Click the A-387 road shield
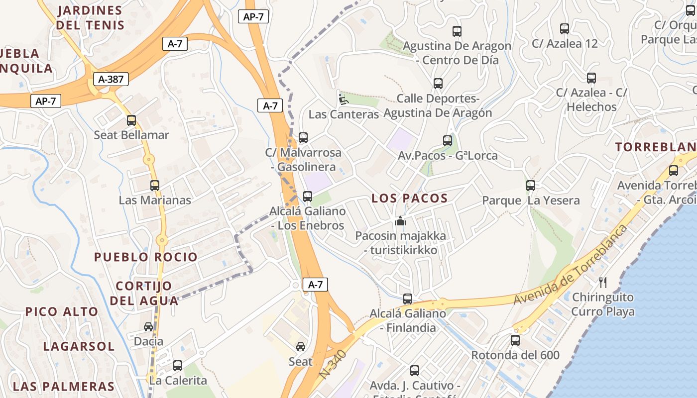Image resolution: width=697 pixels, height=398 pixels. click(111, 79)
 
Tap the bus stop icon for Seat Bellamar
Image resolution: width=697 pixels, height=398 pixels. click(131, 120)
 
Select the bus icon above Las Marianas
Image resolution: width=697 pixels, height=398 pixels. click(155, 186)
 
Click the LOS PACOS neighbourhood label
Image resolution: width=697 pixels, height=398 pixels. click(410, 199)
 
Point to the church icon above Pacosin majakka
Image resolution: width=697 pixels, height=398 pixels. click(400, 221)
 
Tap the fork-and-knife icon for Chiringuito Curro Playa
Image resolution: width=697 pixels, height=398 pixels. click(603, 283)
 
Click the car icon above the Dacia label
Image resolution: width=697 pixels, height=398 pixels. click(148, 327)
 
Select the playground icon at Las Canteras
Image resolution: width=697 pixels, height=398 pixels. click(344, 99)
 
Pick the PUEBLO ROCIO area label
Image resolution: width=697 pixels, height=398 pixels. click(146, 257)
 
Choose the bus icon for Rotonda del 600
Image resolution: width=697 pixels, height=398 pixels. click(515, 340)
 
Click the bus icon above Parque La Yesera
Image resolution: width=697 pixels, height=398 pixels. click(531, 186)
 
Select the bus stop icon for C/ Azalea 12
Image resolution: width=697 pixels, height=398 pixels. click(564, 29)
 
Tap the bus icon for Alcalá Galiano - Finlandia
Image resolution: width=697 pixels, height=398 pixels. click(408, 299)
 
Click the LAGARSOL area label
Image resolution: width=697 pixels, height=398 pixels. click(79, 346)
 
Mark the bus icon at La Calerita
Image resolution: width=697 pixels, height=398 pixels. click(178, 366)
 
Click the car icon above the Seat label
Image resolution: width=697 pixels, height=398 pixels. click(301, 347)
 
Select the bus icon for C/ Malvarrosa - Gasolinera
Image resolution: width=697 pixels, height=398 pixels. click(303, 138)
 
